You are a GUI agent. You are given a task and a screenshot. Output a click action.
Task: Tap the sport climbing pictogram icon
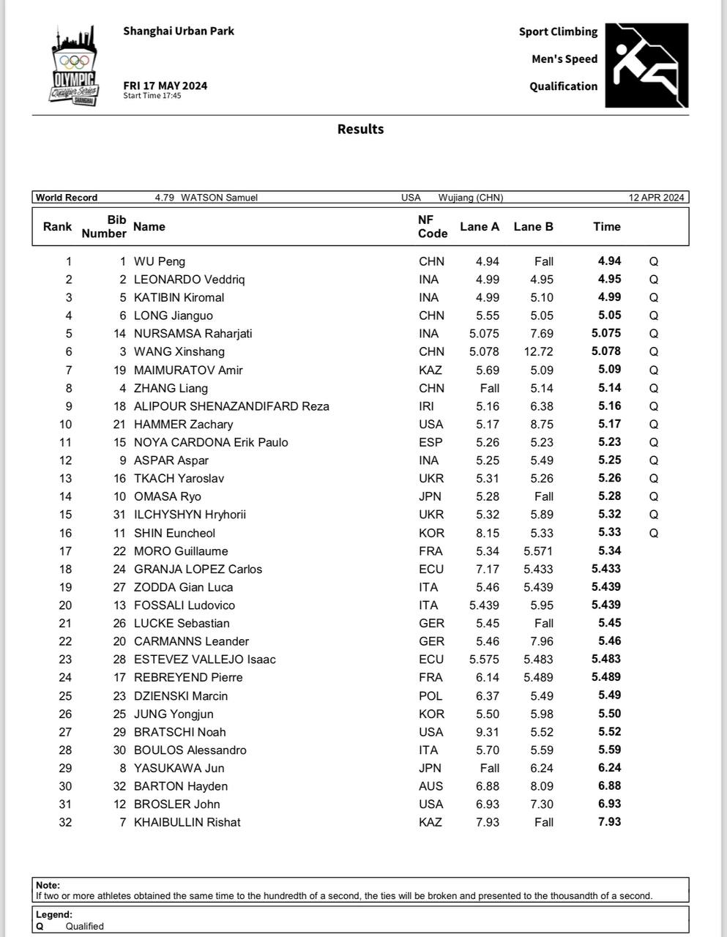tap(646, 66)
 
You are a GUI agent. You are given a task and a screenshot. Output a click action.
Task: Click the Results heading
tap(360, 129)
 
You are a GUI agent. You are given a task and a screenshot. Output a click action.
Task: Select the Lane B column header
tap(533, 227)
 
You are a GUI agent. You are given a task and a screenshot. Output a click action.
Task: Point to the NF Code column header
tap(432, 227)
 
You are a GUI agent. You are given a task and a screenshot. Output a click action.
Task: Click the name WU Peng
tap(160, 261)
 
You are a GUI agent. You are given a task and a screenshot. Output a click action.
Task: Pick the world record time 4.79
tap(164, 198)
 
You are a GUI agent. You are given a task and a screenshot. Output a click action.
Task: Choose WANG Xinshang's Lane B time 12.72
tap(539, 351)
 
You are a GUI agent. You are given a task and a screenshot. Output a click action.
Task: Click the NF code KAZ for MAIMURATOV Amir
tap(430, 370)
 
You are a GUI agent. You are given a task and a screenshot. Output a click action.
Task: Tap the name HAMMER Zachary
tap(183, 425)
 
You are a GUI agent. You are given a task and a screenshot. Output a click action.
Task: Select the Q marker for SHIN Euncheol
tap(654, 534)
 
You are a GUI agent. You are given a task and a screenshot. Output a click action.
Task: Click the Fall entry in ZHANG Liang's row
tap(489, 389)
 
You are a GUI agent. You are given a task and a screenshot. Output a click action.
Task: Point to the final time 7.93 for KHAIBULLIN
tap(609, 822)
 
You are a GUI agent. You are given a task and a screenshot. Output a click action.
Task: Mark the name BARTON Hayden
tap(181, 786)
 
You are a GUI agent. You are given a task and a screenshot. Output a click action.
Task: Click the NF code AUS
tap(430, 786)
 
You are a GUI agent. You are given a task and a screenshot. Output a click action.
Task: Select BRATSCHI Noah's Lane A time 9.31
tap(487, 732)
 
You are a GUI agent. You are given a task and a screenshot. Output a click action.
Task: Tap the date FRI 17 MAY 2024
tap(165, 86)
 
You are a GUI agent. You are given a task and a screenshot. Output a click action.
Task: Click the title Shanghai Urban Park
tap(179, 31)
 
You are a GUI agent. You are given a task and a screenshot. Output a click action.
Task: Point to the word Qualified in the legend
tap(85, 926)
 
